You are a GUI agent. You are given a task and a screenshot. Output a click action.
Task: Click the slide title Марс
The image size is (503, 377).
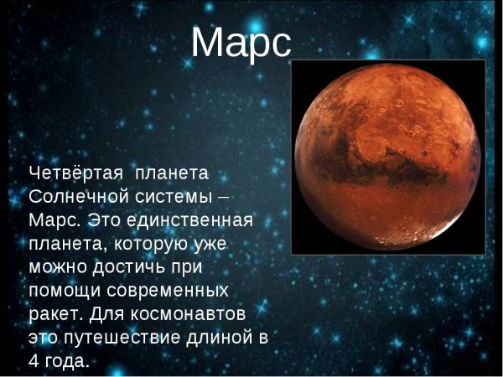[x=241, y=43]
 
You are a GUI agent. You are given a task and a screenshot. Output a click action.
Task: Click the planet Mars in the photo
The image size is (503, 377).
[x=387, y=157]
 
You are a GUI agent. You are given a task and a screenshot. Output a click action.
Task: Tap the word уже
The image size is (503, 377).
[x=220, y=245]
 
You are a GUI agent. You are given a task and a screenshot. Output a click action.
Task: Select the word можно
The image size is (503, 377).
[x=57, y=268]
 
